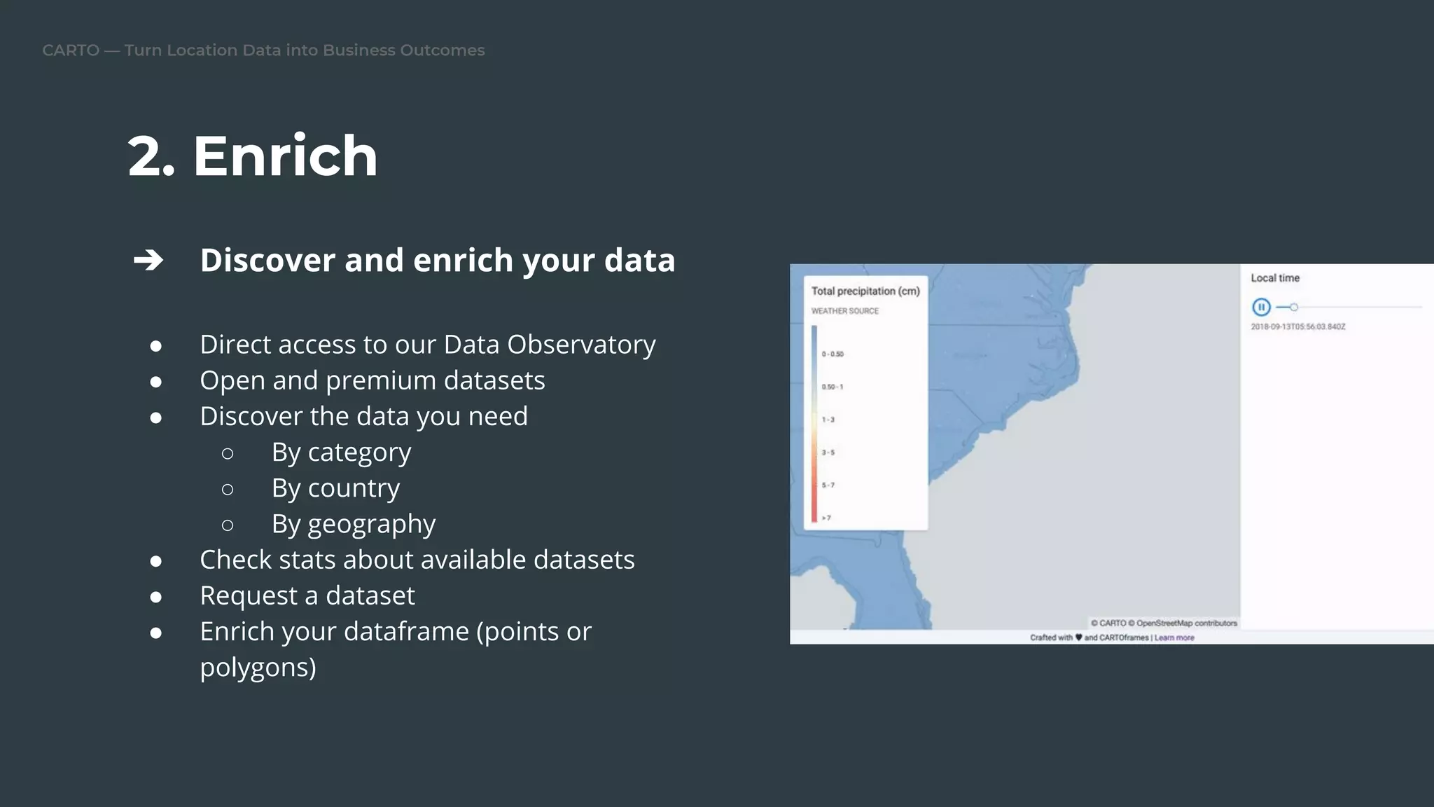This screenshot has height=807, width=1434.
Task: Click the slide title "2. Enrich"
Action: [x=252, y=156]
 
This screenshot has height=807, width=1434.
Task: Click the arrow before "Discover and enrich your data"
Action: [x=148, y=260]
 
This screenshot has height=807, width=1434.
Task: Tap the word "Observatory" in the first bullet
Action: [x=581, y=344]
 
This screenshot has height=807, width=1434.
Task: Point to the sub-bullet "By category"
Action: [x=341, y=453]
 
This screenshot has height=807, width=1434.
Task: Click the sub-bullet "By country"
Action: [x=335, y=488]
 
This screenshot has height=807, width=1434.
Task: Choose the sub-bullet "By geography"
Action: [x=353, y=524]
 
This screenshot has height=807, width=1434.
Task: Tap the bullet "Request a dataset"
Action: [x=307, y=595]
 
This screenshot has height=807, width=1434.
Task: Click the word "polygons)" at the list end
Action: [x=258, y=668]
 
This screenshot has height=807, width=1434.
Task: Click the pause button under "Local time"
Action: [x=1261, y=307]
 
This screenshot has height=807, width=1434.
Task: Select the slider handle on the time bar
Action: [x=1294, y=307]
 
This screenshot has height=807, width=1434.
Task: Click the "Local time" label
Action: [x=1275, y=278]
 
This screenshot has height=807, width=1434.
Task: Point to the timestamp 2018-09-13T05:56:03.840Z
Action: [x=1298, y=326]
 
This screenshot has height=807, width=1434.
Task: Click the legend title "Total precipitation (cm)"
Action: [x=865, y=291]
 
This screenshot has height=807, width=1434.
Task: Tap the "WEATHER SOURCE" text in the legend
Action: [x=844, y=311]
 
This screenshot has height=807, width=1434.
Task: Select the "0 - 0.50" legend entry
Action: [x=833, y=354]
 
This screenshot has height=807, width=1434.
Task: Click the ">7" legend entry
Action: [x=826, y=518]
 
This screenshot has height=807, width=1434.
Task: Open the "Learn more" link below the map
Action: [x=1174, y=637]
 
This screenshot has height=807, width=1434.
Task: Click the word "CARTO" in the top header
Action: [x=71, y=50]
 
